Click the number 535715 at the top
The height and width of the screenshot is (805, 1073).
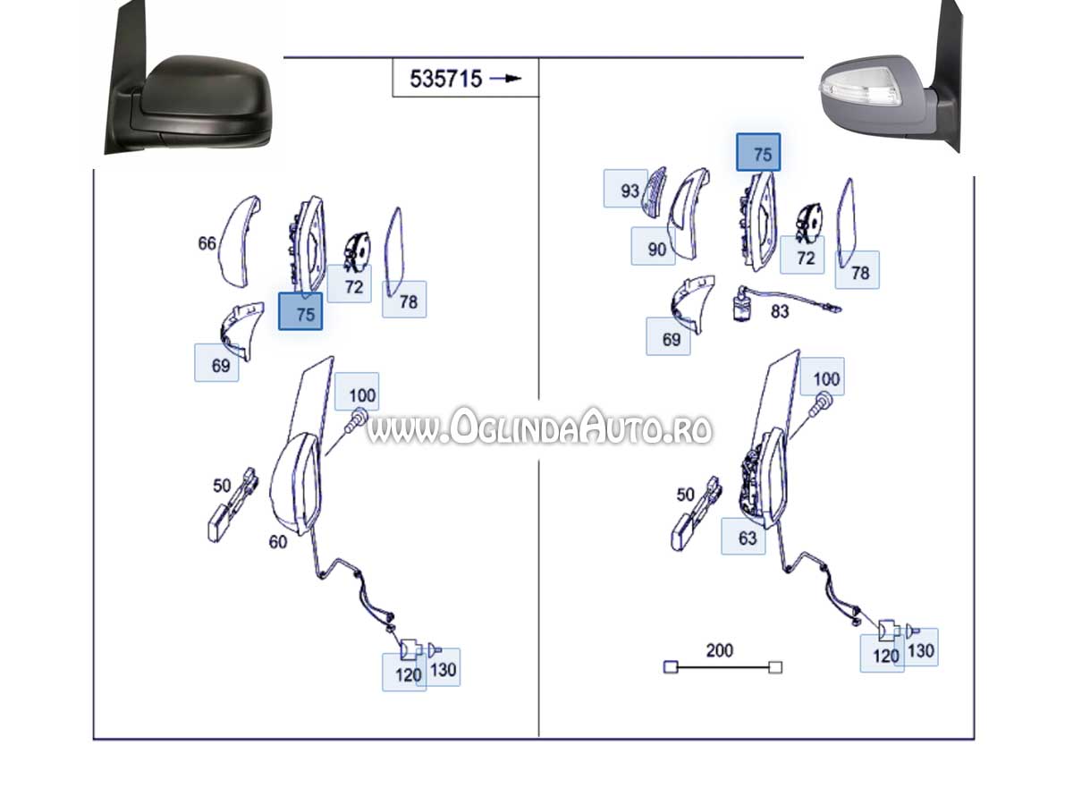coord(445,79)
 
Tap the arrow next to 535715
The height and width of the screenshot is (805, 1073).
coord(505,78)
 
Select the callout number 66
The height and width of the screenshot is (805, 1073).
coord(207,243)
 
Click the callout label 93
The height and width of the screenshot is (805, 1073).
coord(629,191)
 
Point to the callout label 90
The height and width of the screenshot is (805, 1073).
coord(656,250)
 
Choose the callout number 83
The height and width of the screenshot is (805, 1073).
coord(780,311)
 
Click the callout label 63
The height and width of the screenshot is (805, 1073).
coord(748,538)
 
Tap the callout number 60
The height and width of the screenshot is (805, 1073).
coord(278,541)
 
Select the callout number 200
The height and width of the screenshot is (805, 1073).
coord(720,650)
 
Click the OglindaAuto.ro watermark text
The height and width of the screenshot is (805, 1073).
coord(539,427)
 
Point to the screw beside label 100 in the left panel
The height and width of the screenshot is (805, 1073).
coord(355,420)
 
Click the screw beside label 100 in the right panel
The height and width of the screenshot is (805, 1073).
coord(819,404)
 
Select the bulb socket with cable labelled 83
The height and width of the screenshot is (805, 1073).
coord(785,303)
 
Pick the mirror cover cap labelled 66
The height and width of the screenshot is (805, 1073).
coord(240,241)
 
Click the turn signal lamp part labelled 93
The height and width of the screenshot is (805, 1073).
coord(654,192)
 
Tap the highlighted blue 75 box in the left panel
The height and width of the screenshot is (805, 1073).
coord(300,311)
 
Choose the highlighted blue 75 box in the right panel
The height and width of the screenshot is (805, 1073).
coord(758,152)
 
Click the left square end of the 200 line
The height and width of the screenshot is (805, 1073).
coord(671,666)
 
